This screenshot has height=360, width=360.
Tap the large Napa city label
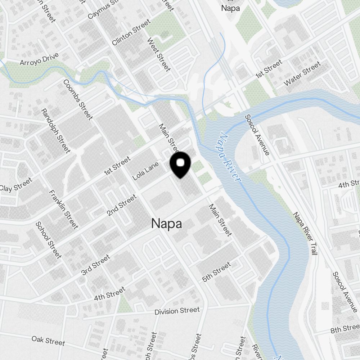pos(166,224)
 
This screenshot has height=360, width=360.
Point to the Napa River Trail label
pos(305,234)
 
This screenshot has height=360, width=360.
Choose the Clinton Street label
pos(131,33)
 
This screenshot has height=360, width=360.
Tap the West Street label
pos(158,54)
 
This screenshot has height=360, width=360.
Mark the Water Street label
pos(302,74)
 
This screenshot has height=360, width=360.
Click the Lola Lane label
pos(145,171)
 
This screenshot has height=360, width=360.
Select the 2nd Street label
pos(122,205)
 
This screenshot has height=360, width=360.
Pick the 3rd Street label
pos(95,264)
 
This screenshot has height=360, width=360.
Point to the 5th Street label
pos(216,272)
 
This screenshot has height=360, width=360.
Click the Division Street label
pos(177,311)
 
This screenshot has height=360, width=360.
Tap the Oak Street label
pos(48,341)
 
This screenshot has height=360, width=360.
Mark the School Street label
pos(48,240)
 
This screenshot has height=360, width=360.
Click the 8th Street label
pos(345,329)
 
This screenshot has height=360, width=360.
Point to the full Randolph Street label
pos(55,131)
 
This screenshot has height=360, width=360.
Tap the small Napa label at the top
pos(230,8)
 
